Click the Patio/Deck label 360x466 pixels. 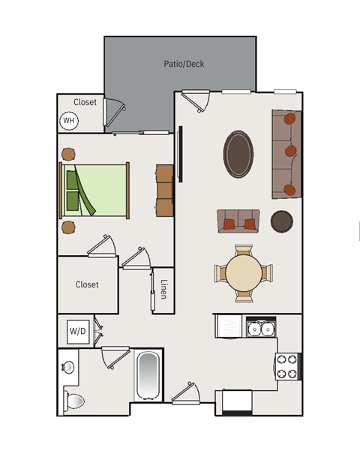coord(184,64)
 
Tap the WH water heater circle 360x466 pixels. coord(69,121)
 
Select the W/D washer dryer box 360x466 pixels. coord(78,332)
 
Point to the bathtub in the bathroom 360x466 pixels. coord(148,376)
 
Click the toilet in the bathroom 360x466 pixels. coord(73,401)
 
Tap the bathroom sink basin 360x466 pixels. coord(68,368)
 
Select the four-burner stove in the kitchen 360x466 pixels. coord(288,366)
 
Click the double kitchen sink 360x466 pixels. coord(261,328)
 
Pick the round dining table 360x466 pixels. coord(244,273)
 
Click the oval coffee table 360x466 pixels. coord(238,155)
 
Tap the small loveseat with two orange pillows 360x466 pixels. coord(238,221)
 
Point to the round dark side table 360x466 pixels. coord(281,221)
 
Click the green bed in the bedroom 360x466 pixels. coord(94,190)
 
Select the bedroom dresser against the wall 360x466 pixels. coord(164,191)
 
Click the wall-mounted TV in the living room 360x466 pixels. coord(180,154)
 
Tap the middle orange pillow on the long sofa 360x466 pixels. coord(291,151)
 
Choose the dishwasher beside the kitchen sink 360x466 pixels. coord(229,326)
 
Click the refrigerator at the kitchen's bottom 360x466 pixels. coord(237,403)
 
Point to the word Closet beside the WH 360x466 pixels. coord(85,102)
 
